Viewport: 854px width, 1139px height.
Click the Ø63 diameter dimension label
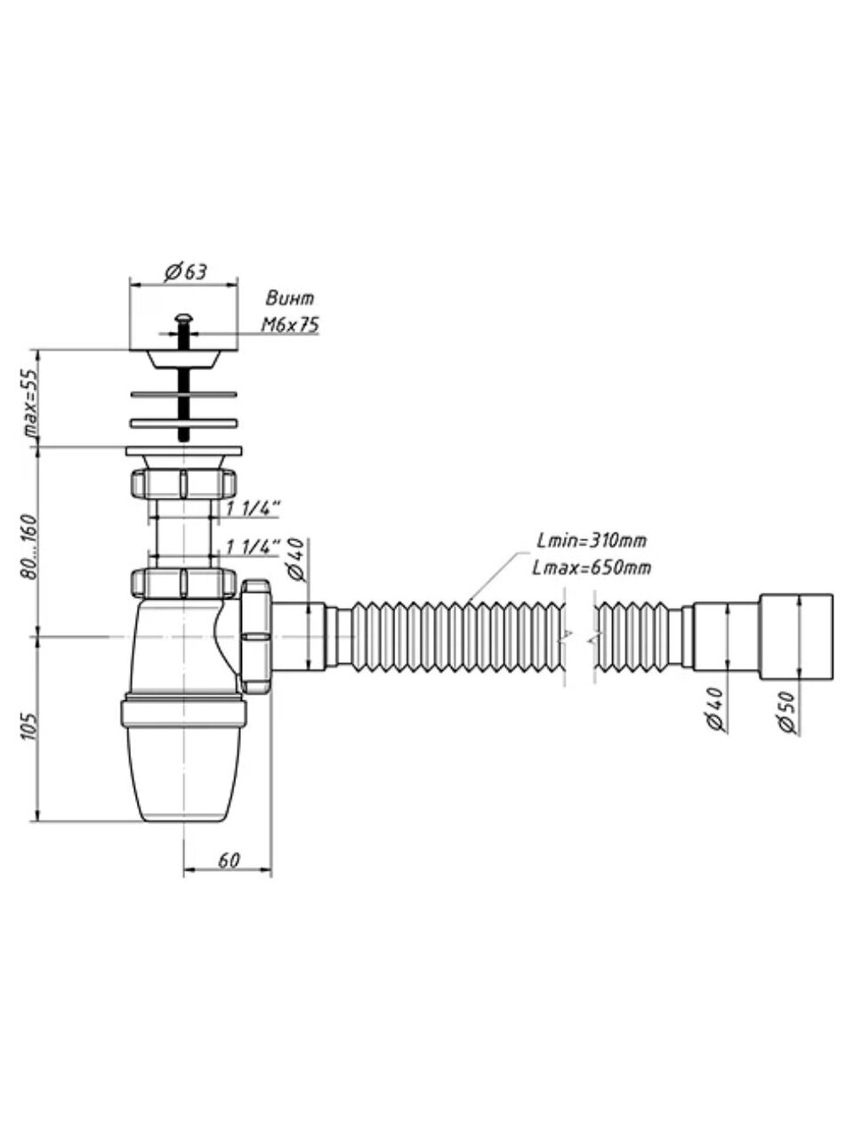tap(184, 272)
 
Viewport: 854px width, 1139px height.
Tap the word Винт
tap(290, 299)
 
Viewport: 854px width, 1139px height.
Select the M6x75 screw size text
tap(290, 326)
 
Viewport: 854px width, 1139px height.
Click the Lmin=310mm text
tap(592, 540)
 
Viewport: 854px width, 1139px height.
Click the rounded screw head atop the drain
tap(184, 318)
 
